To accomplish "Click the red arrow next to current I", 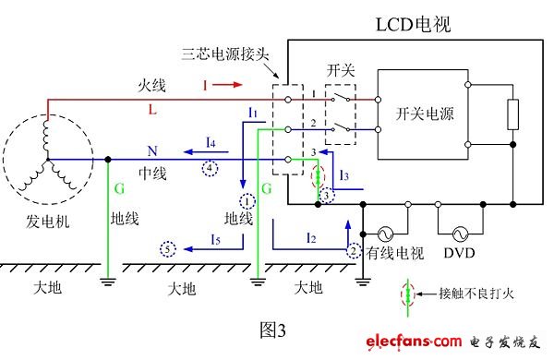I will pyautogui.click(x=234, y=85).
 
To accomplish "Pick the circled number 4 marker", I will pyautogui.click(x=211, y=168).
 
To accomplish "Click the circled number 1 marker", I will pyautogui.click(x=247, y=200).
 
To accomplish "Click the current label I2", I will pyautogui.click(x=311, y=239).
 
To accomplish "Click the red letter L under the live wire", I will pyautogui.click(x=151, y=109).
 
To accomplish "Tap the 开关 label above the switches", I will pyautogui.click(x=338, y=70).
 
